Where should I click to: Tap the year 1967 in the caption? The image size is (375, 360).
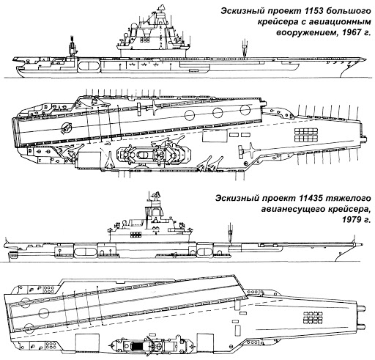352,32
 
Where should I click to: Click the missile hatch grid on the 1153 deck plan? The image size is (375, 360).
306,135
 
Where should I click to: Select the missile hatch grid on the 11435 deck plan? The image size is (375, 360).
313,317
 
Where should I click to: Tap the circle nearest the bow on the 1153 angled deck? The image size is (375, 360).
245,109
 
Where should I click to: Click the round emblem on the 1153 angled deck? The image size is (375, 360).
66,128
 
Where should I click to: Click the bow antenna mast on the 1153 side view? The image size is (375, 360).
244,48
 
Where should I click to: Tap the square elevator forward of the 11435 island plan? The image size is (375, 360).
206,343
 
